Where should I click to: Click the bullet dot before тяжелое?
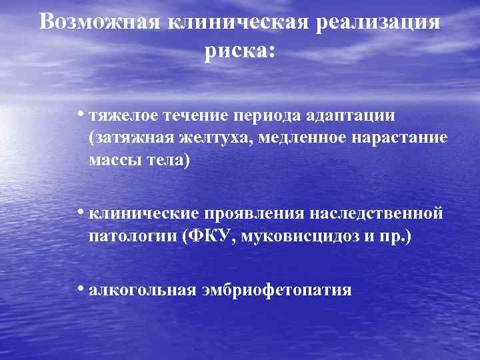79,113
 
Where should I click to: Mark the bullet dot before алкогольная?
79,289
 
